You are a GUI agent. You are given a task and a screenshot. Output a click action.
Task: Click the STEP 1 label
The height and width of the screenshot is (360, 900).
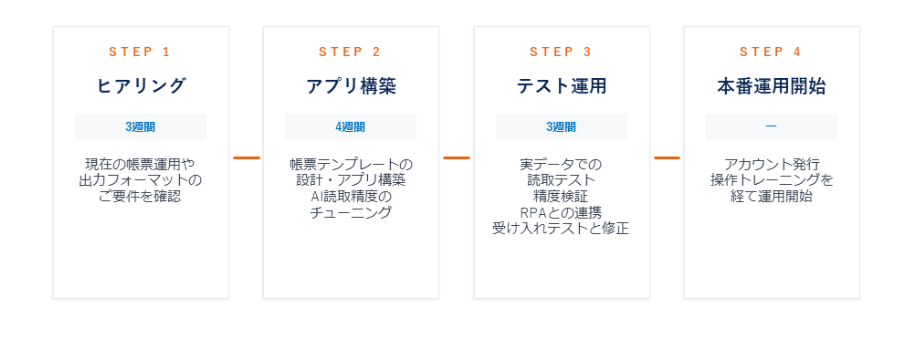140,52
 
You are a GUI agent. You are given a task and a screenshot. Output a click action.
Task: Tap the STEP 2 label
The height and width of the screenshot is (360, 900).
350,52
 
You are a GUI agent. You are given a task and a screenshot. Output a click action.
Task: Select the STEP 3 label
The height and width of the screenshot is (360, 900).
561,52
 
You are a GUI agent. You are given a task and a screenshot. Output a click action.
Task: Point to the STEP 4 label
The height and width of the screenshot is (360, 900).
771,52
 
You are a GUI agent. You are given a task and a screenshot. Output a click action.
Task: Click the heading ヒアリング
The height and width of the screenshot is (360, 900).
140,86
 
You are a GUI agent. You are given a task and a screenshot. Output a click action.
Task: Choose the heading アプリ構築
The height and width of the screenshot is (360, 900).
350,86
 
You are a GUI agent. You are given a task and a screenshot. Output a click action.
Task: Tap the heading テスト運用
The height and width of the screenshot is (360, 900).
561,86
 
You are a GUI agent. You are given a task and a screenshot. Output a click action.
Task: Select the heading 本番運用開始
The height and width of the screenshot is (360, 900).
771,86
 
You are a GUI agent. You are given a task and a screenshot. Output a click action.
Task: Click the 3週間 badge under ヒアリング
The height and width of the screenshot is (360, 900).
140,127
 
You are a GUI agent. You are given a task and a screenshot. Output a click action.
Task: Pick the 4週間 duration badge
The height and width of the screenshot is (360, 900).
350,127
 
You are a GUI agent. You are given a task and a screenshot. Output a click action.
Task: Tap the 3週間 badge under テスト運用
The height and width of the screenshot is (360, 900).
561,127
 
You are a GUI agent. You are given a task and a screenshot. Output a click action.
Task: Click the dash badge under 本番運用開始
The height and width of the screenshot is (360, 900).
771,127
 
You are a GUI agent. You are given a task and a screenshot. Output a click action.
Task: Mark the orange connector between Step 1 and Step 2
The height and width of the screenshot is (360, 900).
246,157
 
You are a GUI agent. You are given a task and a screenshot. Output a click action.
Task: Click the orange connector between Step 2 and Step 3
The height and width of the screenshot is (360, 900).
456,157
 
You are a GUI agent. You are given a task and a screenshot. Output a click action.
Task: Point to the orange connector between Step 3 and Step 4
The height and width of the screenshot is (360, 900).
666,157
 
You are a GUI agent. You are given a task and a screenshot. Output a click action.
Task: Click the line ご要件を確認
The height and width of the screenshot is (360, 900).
140,196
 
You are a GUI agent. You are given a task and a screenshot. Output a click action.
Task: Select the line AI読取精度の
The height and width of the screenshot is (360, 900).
350,196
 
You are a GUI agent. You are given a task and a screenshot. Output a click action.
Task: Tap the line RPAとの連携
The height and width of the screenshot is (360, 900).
561,212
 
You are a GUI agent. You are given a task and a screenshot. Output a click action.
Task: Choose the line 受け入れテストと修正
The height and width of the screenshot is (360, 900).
561,228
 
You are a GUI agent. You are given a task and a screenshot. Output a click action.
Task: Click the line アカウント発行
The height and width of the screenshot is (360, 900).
771,164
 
